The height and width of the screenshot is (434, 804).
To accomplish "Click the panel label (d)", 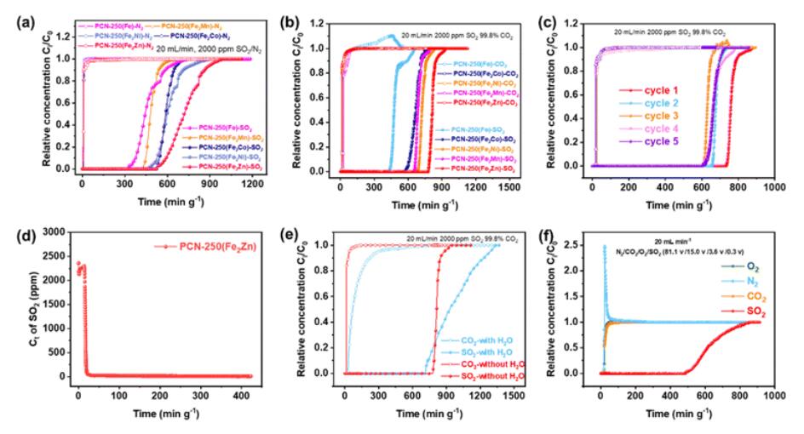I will (14, 232).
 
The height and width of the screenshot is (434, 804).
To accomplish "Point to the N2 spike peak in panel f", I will (604, 247).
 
